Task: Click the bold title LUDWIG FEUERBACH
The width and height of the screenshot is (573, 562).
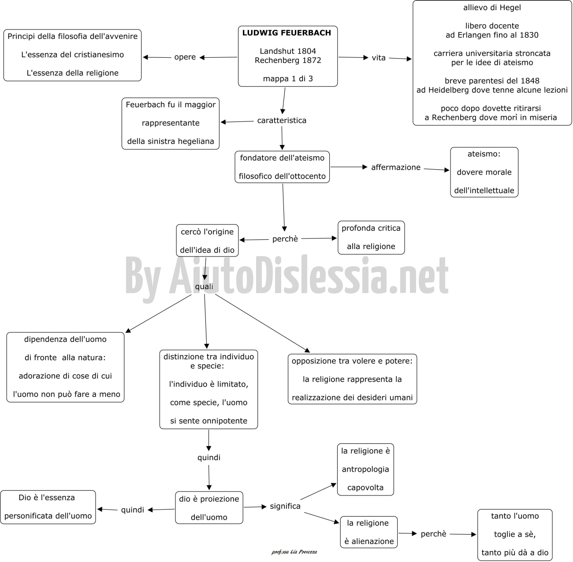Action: pos(286,33)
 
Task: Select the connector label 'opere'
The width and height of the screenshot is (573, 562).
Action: pos(185,57)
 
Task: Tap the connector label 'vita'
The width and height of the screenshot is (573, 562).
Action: pos(379,58)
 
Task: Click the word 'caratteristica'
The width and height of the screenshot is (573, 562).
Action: pos(282,120)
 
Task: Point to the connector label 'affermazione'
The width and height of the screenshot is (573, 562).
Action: pos(396,167)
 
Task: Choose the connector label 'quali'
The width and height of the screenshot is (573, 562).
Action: pos(204,287)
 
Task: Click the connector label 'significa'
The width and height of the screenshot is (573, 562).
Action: pos(285,506)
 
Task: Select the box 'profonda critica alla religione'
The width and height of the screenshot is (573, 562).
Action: pos(371,238)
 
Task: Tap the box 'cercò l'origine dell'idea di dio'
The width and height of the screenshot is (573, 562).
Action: pos(207,240)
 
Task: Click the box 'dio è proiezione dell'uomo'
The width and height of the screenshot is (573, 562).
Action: pos(209,507)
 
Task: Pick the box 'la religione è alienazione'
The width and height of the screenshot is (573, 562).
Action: pos(369,532)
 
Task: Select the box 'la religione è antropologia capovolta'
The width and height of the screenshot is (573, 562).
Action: pos(365,469)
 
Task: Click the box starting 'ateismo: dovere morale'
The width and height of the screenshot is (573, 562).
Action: pos(484,172)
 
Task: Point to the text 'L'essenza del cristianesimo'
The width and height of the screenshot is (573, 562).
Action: pos(73,55)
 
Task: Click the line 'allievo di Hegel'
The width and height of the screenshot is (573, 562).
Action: pos(492,7)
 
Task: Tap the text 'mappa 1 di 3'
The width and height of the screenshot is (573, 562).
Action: pos(288,79)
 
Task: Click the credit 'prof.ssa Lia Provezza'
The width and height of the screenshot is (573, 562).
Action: pos(294,552)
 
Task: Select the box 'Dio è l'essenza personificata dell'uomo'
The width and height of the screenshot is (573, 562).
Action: pos(48,507)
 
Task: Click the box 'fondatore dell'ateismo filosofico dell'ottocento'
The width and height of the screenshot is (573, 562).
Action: pos(282,167)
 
